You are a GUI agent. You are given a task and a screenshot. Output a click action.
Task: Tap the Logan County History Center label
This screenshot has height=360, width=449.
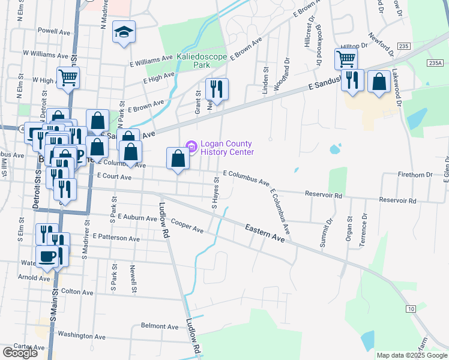[x=227, y=148]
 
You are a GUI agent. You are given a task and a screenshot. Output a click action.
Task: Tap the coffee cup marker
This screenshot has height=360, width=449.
[x=47, y=256]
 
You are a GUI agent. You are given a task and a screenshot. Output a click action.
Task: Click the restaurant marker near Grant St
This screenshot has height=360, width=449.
[x=217, y=89]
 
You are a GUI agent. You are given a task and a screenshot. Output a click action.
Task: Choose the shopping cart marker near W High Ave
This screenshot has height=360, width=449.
[x=68, y=77]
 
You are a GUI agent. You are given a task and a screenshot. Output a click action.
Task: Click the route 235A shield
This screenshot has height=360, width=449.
[x=436, y=62]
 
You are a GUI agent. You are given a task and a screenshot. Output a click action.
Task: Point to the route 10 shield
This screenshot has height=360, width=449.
[x=411, y=308]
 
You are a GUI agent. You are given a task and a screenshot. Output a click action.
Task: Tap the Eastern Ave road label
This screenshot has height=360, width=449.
[x=265, y=233]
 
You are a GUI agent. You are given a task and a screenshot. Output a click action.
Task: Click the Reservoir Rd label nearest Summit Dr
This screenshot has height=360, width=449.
[x=323, y=196]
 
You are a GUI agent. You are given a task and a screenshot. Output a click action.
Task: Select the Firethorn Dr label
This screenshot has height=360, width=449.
[x=415, y=175]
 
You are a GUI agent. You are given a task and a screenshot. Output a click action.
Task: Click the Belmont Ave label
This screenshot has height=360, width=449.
[x=160, y=326]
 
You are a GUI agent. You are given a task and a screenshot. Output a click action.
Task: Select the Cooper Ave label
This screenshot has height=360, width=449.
[x=187, y=227]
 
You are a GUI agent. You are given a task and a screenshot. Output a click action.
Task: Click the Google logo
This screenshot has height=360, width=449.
[x=19, y=353]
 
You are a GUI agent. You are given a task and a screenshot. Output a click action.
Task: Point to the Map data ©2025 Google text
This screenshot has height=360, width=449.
[x=411, y=355]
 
